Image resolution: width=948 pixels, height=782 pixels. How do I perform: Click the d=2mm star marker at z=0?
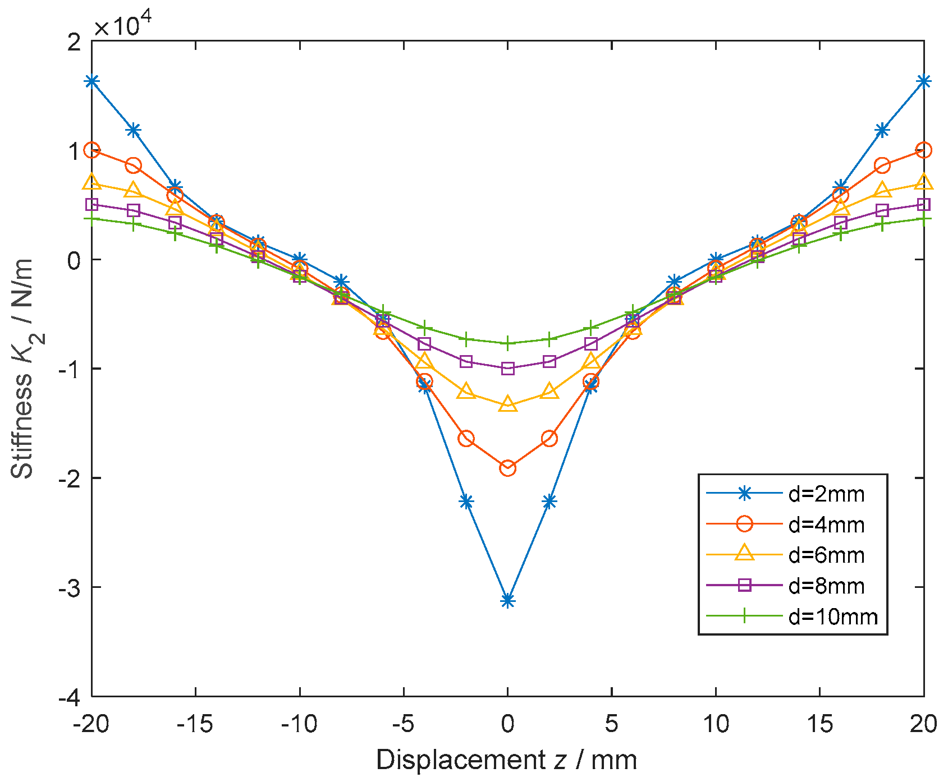(507, 601)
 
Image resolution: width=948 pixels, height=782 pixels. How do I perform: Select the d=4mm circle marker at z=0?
(507, 468)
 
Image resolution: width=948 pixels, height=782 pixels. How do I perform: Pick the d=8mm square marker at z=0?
(507, 369)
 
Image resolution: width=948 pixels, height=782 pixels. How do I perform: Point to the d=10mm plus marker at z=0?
(507, 343)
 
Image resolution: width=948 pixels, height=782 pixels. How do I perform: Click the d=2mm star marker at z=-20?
(92, 81)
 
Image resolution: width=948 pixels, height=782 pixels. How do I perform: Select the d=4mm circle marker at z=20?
(923, 150)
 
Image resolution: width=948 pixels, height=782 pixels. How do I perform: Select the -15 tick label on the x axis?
(195, 724)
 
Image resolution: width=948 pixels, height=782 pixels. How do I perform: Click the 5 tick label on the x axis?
(611, 724)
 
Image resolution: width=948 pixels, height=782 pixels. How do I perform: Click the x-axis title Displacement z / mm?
(507, 761)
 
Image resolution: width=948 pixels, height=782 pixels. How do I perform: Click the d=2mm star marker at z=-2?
(466, 502)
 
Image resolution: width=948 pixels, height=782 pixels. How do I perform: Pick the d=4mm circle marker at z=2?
(549, 439)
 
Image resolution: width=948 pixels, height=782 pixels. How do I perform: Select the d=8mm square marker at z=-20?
(92, 204)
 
